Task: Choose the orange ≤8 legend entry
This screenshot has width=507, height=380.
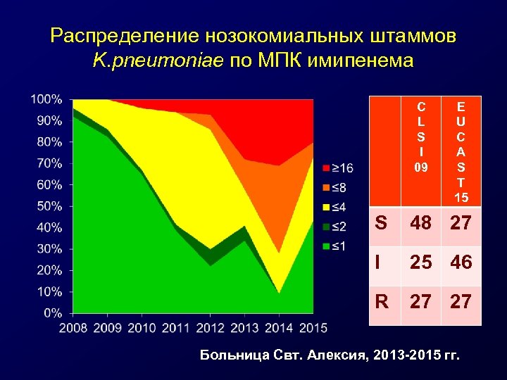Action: tap(337, 187)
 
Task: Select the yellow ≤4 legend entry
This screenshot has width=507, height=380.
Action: tap(337, 207)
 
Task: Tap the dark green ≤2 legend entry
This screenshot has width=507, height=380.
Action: tap(337, 227)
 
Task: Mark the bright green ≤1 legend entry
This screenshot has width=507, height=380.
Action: tap(337, 246)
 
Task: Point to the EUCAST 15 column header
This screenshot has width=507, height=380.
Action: tap(461, 151)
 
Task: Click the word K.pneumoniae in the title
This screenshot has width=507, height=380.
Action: tap(157, 61)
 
